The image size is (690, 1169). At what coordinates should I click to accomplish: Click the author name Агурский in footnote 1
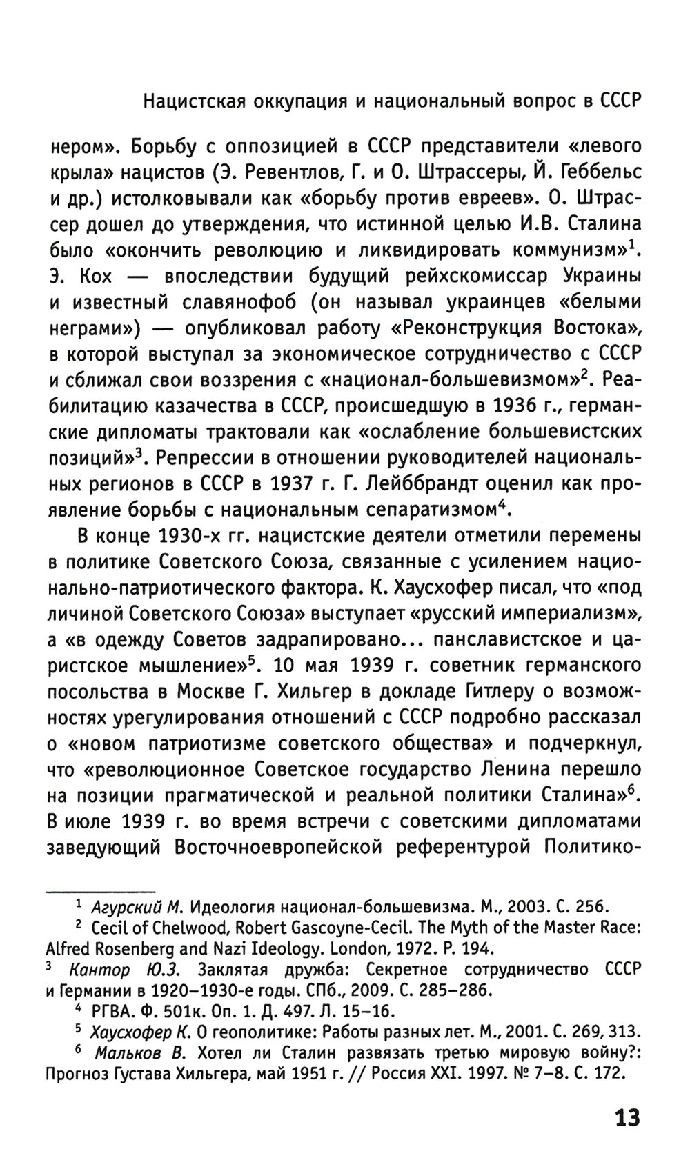pyautogui.click(x=126, y=906)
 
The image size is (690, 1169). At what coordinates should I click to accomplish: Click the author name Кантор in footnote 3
pyautogui.click(x=99, y=970)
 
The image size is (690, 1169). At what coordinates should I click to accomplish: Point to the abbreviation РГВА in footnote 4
pyautogui.click(x=112, y=1011)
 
